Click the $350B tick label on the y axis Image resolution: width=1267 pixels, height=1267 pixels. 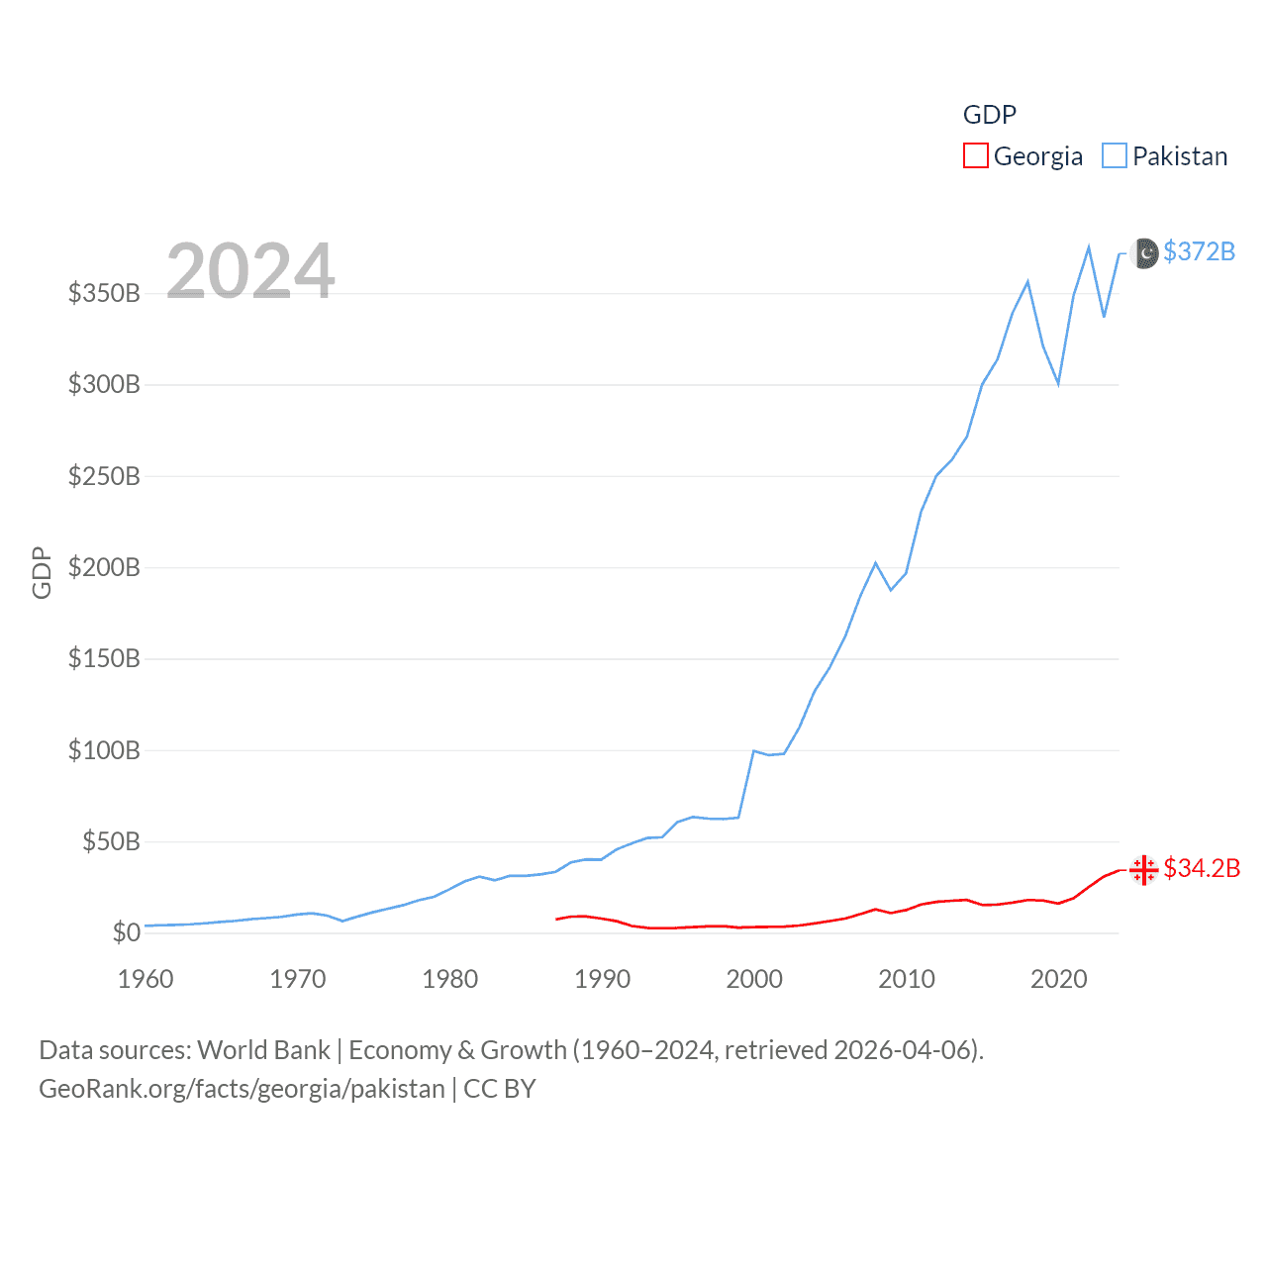tap(104, 293)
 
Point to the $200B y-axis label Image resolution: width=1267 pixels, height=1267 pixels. tap(104, 567)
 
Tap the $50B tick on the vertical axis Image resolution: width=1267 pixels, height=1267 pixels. tap(111, 841)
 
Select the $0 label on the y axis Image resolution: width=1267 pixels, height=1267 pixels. tap(126, 932)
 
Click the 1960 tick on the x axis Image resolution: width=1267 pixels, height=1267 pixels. tap(146, 979)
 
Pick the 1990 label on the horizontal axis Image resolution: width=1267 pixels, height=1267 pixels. tap(602, 979)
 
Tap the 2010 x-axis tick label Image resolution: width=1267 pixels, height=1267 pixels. tap(907, 979)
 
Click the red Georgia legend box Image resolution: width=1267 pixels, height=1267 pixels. tap(976, 156)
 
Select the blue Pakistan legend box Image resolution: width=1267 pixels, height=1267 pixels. tap(1115, 156)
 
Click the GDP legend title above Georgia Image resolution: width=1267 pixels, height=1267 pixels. tap(990, 115)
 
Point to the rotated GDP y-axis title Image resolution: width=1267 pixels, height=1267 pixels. tap(42, 572)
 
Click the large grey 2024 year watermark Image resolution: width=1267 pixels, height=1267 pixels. tap(250, 271)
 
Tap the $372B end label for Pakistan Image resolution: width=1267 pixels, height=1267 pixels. tap(1199, 251)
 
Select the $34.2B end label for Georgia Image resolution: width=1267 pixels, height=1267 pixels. tap(1202, 868)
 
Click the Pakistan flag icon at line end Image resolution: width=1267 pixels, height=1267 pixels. tap(1144, 253)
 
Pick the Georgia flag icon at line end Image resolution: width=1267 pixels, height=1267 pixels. tap(1144, 870)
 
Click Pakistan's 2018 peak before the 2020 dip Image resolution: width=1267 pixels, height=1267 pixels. tap(1027, 282)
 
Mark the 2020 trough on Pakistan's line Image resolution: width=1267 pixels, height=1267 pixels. tap(1058, 383)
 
